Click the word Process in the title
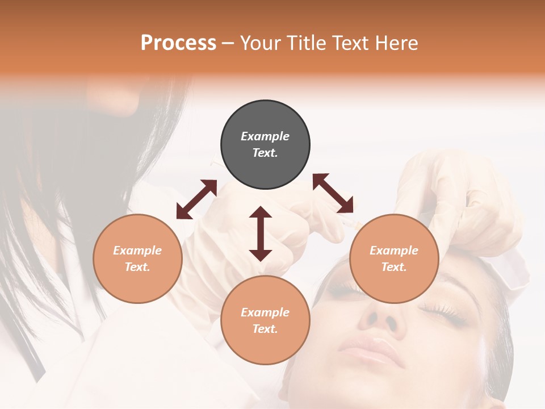click(x=178, y=43)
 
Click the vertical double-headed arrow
click(x=261, y=233)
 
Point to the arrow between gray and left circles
click(x=196, y=199)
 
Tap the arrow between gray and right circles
click(x=333, y=193)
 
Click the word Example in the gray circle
click(x=265, y=136)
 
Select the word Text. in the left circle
click(x=137, y=267)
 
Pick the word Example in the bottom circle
click(x=265, y=312)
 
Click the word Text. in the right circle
click(x=394, y=267)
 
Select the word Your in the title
click(x=259, y=43)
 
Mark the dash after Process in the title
click(x=228, y=43)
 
